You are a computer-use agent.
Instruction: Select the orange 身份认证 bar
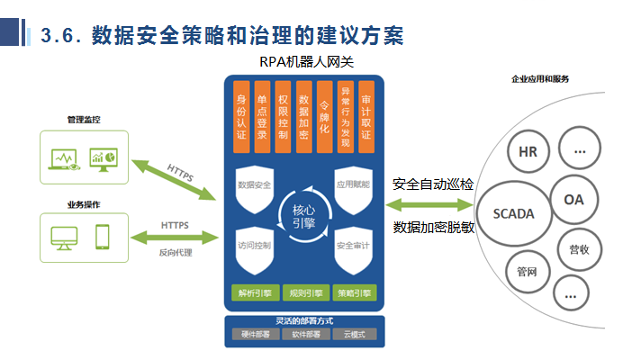click(240, 118)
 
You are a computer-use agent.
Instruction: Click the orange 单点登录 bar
click(262, 118)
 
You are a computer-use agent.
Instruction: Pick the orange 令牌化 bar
click(325, 118)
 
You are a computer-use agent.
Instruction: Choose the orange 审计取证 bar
click(366, 118)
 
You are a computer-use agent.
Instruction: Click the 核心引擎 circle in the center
click(303, 217)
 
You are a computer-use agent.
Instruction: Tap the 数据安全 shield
click(255, 186)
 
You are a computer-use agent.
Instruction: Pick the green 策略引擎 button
click(355, 293)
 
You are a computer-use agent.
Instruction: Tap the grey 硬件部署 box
click(254, 335)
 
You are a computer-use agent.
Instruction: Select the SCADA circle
click(514, 214)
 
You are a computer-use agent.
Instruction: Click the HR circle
click(528, 152)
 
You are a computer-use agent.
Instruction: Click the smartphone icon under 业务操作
click(102, 237)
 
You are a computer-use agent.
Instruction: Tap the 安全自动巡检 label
click(433, 184)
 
